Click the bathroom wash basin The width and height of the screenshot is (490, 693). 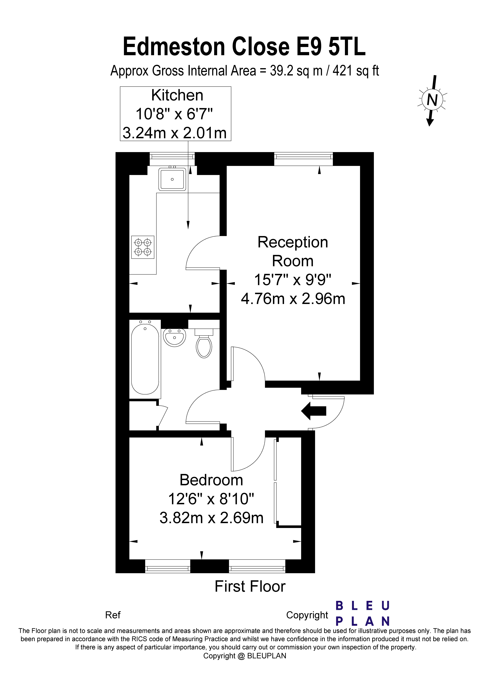174,337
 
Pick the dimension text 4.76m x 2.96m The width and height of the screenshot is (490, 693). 293,299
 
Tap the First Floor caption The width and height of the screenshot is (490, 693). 250,586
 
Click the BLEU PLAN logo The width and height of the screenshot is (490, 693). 363,613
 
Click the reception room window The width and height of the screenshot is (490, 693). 303,156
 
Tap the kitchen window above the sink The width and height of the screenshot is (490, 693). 172,156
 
